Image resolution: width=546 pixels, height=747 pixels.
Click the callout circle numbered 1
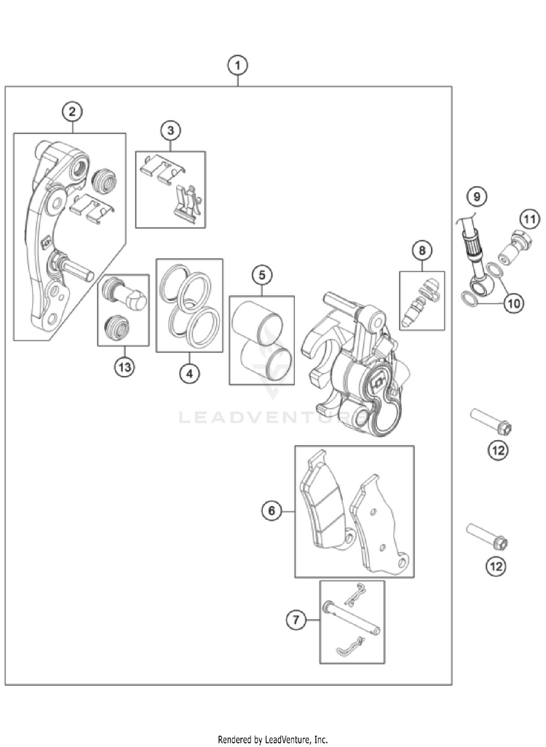(x=237, y=65)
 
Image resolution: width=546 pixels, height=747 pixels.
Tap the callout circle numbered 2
(x=71, y=112)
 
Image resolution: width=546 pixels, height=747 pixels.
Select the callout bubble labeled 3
(x=170, y=131)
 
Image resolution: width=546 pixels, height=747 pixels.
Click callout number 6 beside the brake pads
(x=272, y=511)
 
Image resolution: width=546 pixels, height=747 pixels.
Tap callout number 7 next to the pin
(x=296, y=620)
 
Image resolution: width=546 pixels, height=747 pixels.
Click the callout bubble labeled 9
(x=476, y=196)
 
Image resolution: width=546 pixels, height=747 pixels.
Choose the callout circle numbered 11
(x=529, y=217)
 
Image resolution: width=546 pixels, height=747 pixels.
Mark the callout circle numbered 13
(x=124, y=367)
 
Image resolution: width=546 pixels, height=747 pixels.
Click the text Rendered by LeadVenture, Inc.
(x=272, y=739)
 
